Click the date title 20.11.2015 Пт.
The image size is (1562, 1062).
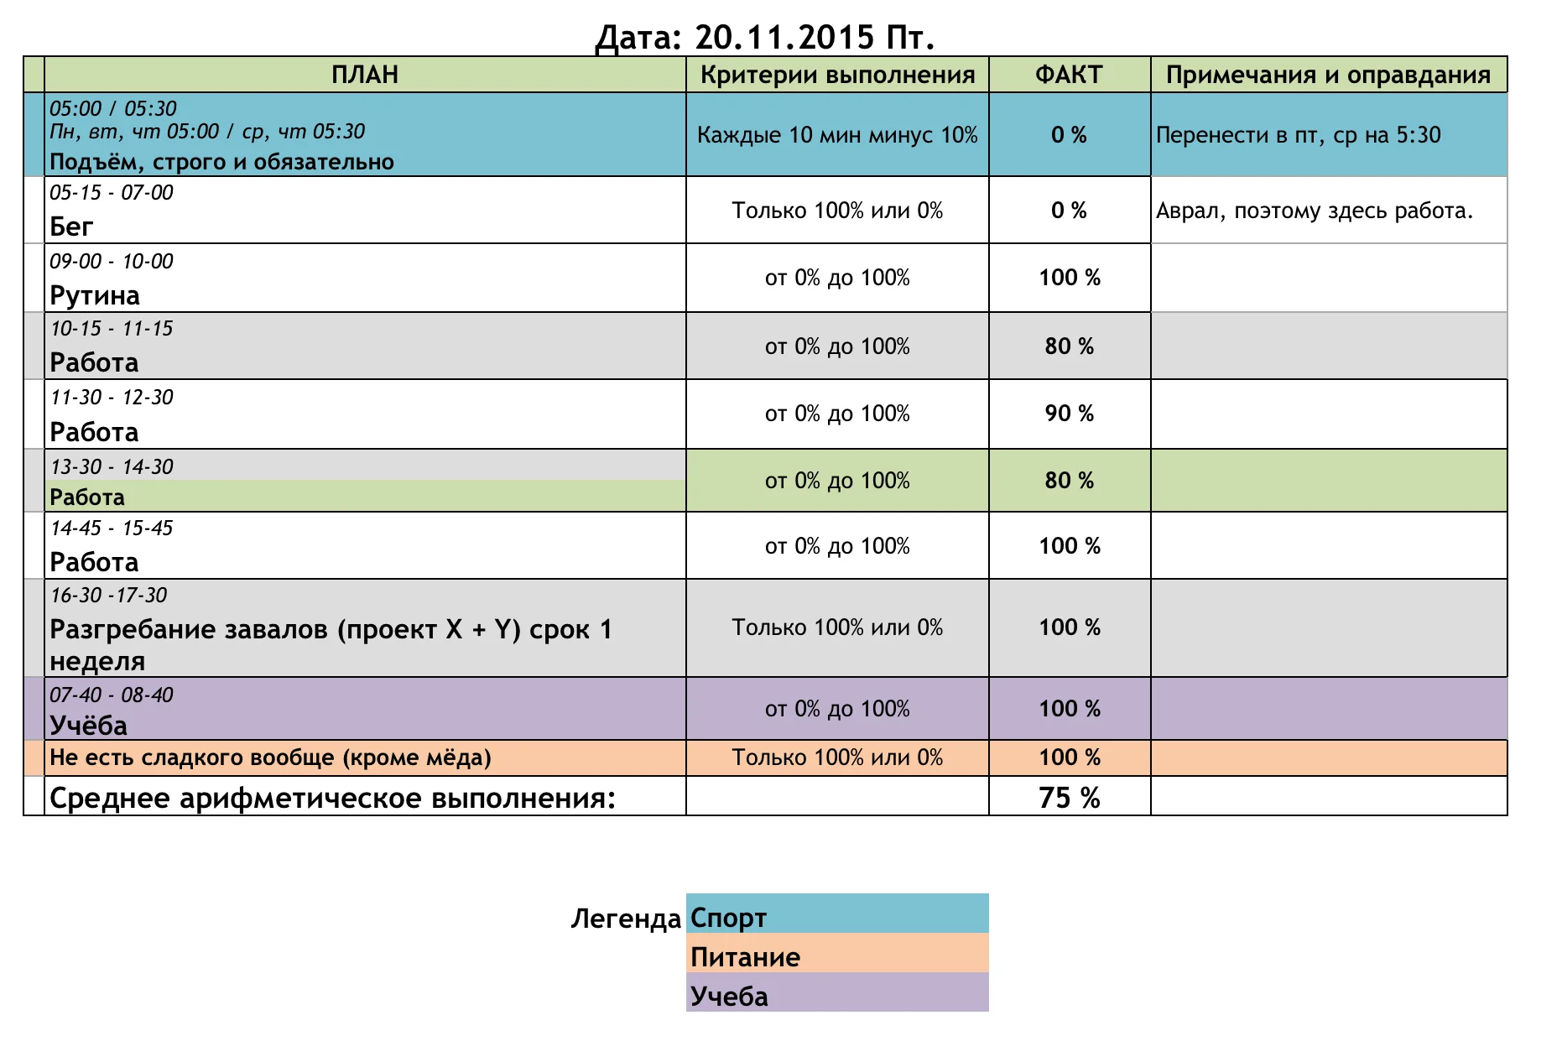coord(764,37)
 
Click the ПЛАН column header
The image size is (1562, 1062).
coord(364,75)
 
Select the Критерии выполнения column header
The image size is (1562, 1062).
coord(837,75)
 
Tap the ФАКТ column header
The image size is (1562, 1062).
coord(1069,75)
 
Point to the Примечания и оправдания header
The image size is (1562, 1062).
coord(1328,75)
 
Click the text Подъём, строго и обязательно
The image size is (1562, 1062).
coord(221,161)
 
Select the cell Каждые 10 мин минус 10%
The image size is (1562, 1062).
coord(837,135)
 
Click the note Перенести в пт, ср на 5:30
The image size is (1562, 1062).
coord(1298,135)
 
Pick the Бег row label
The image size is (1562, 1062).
coord(71,226)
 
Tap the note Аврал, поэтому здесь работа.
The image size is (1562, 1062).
coord(1314,211)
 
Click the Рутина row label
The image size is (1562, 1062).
coord(95,295)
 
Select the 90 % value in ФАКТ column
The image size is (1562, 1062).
coord(1069,414)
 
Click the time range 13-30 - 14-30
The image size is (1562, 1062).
coord(112,466)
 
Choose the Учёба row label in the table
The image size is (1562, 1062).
coord(88,725)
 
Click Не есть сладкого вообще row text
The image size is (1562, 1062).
coord(270,757)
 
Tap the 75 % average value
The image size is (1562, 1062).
coord(1069,797)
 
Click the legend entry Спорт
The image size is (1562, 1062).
coord(728,918)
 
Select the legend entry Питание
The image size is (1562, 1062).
coord(745,957)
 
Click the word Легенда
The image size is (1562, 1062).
coord(626,919)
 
